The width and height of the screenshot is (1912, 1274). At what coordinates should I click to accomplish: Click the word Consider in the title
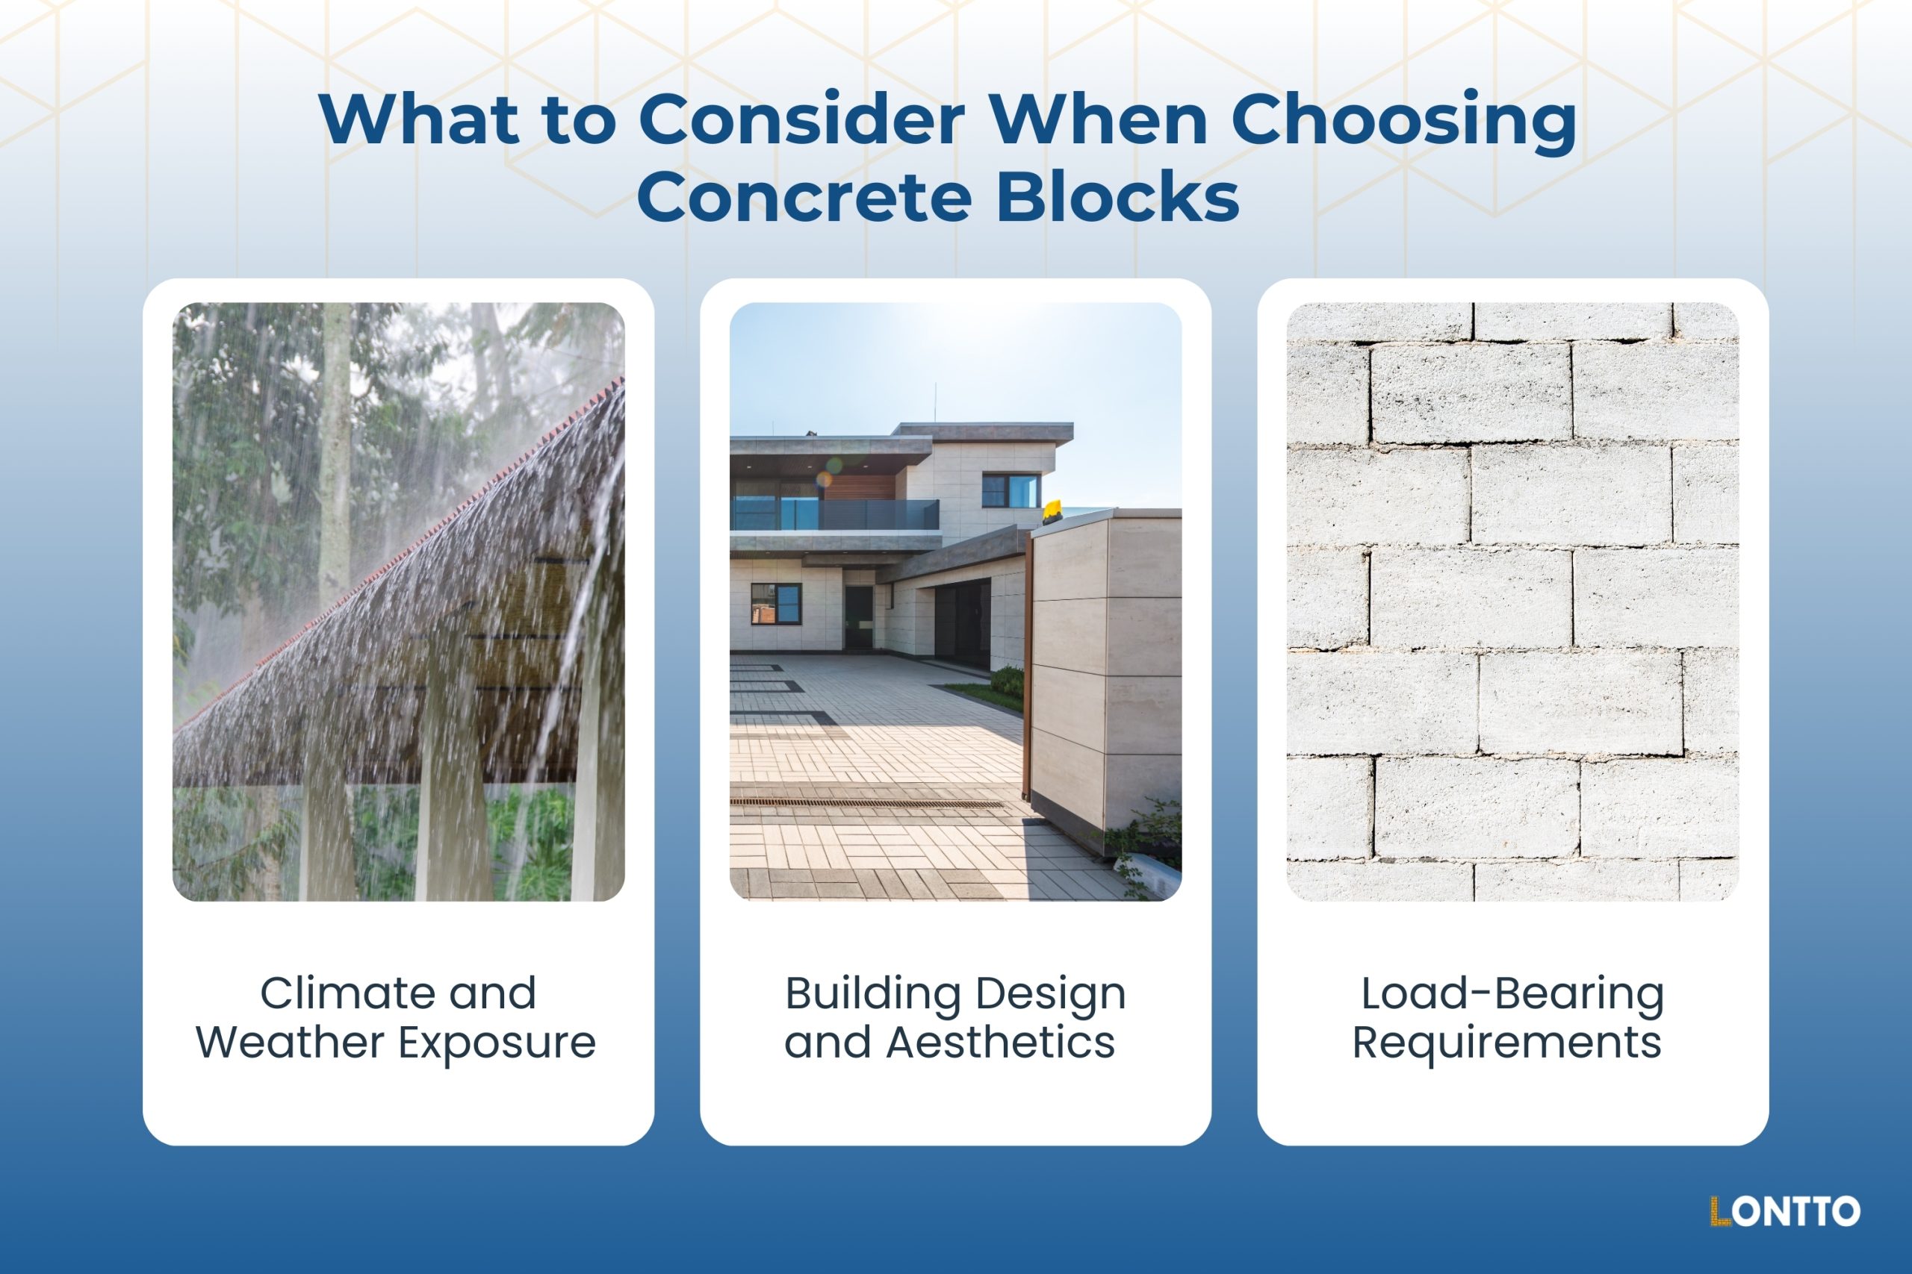801,120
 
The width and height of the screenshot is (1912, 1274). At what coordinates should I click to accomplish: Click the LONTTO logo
1784,1211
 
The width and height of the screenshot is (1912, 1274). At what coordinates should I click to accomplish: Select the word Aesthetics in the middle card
1000,1043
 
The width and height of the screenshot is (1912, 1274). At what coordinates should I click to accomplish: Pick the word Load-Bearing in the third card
1512,993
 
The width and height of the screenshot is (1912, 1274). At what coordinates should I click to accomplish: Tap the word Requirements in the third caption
1506,1043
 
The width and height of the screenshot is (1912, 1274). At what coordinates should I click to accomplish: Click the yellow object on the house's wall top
1051,510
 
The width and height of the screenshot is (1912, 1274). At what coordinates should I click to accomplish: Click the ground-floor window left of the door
775,604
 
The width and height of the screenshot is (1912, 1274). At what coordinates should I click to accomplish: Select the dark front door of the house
858,617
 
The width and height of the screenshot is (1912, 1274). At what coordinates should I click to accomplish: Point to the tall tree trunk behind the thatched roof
334,455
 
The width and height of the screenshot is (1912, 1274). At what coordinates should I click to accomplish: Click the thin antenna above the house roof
934,403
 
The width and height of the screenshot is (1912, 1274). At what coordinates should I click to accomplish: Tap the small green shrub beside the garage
1008,680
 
